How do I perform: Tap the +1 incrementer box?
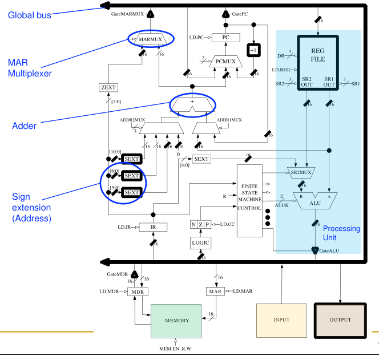pyautogui.click(x=253, y=50)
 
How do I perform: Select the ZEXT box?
pyautogui.click(x=107, y=88)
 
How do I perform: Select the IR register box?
pyautogui.click(x=153, y=227)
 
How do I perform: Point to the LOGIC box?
pyautogui.click(x=200, y=244)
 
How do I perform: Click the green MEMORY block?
pyautogui.click(x=176, y=320)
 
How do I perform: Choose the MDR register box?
pyautogui.click(x=138, y=292)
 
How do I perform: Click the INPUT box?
pyautogui.click(x=280, y=319)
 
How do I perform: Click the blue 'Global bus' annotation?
pyautogui.click(x=29, y=15)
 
